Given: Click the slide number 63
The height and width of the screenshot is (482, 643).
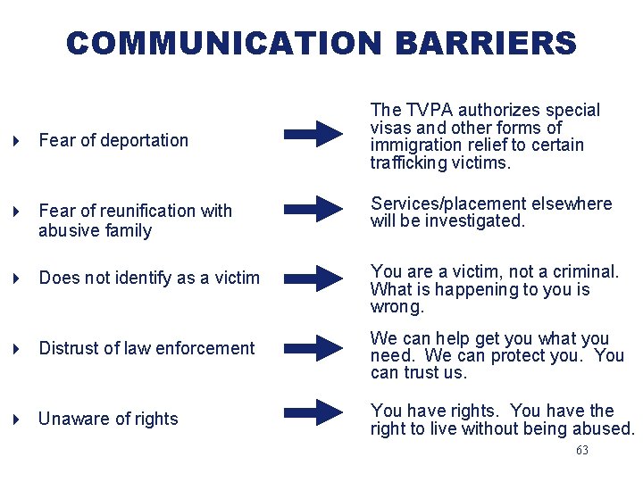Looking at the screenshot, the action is pos(582,451).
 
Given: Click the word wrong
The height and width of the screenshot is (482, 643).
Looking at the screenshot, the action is pos(397,307).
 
